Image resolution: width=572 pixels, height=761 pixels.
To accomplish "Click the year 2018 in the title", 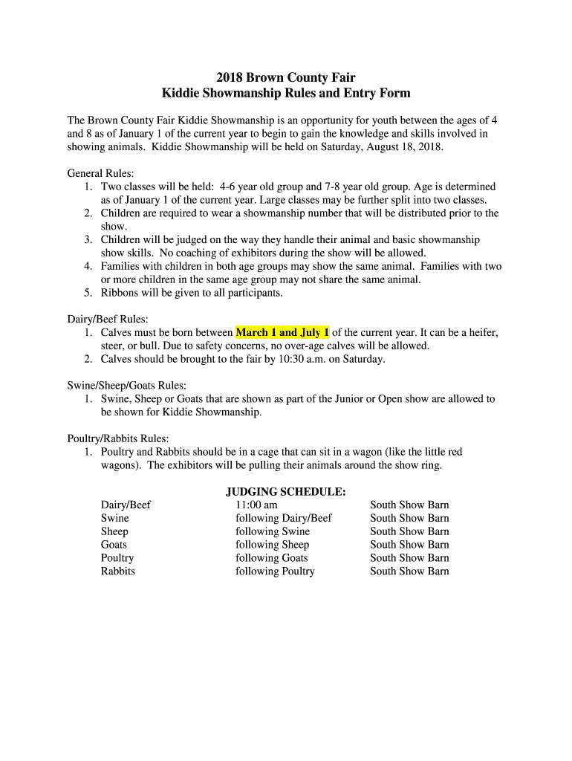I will point(230,77).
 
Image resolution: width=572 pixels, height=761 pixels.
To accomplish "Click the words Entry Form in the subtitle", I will point(375,94).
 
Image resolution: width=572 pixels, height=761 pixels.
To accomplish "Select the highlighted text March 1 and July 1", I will point(282,332).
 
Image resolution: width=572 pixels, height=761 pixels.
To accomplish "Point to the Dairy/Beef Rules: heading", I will point(108,320).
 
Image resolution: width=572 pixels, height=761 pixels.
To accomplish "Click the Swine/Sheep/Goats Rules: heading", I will point(126,386).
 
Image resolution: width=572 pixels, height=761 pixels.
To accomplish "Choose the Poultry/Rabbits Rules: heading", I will point(118,438).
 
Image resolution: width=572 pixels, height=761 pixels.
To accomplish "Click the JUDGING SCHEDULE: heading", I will point(286,491).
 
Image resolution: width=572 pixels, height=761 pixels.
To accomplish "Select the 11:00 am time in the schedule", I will point(256,505).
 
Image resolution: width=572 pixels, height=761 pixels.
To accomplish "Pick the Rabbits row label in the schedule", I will point(118,571).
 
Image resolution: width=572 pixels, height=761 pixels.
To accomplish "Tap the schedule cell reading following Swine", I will point(273,531).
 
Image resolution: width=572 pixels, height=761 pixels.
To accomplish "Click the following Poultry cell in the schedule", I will point(275,571).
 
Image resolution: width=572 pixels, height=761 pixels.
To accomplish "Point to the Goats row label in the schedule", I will point(114,545).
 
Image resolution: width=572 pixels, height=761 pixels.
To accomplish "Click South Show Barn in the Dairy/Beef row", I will point(409,505).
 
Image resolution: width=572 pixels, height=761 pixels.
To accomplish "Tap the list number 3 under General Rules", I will point(88,239).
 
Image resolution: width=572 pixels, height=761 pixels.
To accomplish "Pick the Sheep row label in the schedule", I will point(114,531).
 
